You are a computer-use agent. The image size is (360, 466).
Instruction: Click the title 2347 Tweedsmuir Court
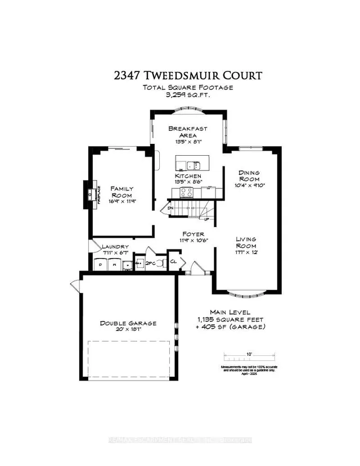(180, 75)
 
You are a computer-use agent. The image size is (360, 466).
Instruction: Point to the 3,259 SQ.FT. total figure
(180, 96)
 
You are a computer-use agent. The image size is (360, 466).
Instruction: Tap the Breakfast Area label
(188, 132)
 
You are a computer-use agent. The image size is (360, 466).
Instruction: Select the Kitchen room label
(188, 175)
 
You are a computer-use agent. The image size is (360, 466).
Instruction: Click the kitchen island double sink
(194, 165)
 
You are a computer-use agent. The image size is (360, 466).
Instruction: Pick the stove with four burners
(187, 192)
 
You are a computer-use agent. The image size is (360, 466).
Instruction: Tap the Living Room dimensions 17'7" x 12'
(246, 253)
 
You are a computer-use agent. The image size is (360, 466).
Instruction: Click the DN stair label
(171, 209)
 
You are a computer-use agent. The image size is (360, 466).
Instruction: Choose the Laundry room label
(115, 246)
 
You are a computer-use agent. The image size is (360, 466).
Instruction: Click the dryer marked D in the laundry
(101, 263)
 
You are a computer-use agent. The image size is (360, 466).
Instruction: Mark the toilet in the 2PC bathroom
(160, 262)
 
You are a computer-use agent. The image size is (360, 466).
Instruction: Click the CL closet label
(174, 261)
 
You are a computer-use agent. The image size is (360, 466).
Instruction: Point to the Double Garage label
(128, 323)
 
